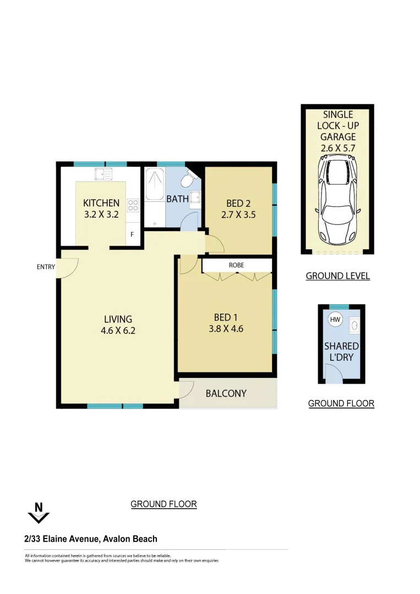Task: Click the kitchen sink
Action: (x=103, y=174)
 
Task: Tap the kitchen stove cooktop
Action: (x=133, y=205)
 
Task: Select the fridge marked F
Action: (x=132, y=234)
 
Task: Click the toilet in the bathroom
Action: (x=188, y=179)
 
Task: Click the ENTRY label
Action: (x=46, y=267)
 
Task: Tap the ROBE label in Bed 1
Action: (x=236, y=265)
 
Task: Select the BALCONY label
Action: (x=226, y=393)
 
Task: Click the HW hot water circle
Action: (x=334, y=319)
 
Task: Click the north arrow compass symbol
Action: (x=39, y=513)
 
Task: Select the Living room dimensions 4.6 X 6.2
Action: (x=118, y=331)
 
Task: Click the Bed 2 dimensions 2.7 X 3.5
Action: (x=238, y=215)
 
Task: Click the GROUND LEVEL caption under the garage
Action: (x=337, y=276)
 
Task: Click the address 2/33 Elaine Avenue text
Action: (x=91, y=539)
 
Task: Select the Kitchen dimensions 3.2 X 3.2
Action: (x=101, y=215)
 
